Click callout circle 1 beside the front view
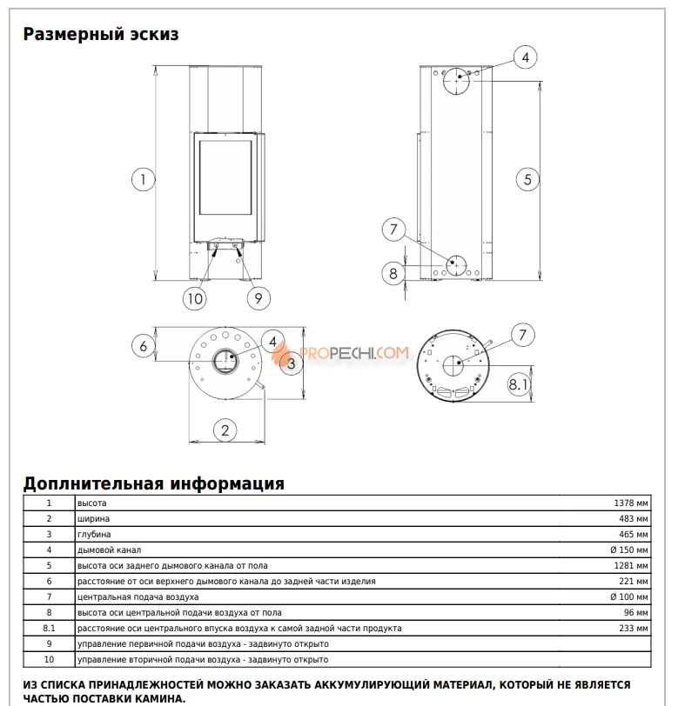click(x=143, y=179)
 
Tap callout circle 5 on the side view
click(x=527, y=179)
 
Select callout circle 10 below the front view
click(x=195, y=298)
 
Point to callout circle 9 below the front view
click(x=257, y=298)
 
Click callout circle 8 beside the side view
click(x=393, y=273)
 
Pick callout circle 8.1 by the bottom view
click(x=519, y=383)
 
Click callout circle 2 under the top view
click(x=225, y=429)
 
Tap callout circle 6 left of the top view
click(x=144, y=345)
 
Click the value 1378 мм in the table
click(x=630, y=503)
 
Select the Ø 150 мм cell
click(x=628, y=549)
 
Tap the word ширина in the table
click(x=94, y=518)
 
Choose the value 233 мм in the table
click(x=633, y=628)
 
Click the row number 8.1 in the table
click(x=49, y=628)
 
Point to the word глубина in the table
click(x=94, y=534)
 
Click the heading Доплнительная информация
click(x=153, y=483)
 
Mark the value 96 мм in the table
click(x=634, y=612)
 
